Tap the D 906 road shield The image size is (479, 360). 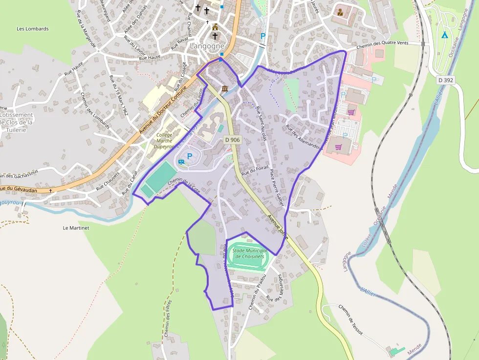coord(233,140)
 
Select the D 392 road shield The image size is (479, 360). coord(446,80)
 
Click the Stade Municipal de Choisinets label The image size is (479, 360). coord(248,253)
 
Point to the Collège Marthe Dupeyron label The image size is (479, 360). coord(164,140)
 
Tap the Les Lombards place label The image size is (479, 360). coord(33,29)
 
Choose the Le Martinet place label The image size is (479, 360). coord(75,228)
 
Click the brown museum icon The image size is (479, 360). coord(225,88)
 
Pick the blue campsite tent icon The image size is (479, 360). coord(444,35)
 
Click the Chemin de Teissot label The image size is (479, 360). coord(351,319)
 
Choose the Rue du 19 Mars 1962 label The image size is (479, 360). coord(118,95)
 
